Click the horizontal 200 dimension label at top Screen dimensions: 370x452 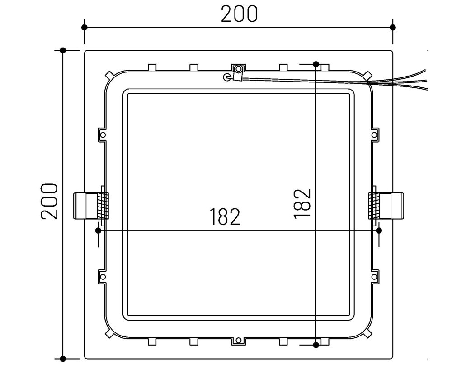pos(239,14)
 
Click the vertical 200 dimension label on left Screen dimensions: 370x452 pos(50,202)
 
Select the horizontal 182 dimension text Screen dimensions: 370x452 pos(225,217)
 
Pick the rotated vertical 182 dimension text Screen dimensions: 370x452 pos(302,204)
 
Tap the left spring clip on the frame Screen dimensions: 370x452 pos(90,206)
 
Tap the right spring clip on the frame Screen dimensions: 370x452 pos(386,206)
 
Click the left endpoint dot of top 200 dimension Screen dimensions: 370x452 pos(85,27)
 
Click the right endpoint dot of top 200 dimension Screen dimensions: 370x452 pos(393,27)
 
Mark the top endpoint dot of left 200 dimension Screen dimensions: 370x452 pos(63,50)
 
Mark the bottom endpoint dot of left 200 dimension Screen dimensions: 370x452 pos(63,359)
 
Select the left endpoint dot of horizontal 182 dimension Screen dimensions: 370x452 pos(98,231)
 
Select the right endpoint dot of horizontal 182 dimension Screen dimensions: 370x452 pos(379,231)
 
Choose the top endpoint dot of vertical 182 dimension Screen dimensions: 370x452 pos(316,64)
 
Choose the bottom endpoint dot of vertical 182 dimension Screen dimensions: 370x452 pos(316,345)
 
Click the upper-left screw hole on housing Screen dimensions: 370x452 pos(103,135)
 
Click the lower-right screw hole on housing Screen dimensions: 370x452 pos(374,276)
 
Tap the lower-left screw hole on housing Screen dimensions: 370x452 pos(103,276)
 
